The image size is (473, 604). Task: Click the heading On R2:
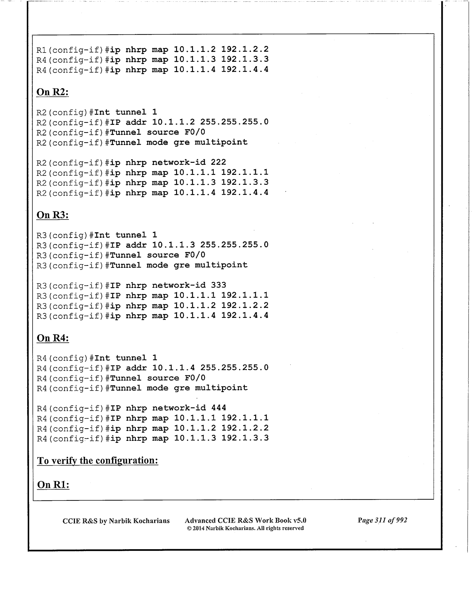pos(53,92)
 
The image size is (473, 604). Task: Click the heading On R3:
pos(53,215)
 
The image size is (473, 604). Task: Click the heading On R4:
pos(53,338)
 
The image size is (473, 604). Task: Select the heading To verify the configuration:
pos(98,461)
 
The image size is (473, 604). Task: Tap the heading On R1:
pos(53,485)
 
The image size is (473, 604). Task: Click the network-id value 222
pos(218,163)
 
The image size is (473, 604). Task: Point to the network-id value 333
pos(218,285)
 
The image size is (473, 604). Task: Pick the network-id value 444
pos(218,408)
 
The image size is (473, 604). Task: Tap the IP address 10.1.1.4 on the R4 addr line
pos(174,368)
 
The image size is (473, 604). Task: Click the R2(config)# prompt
pos(65,112)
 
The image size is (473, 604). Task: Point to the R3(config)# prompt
pos(65,235)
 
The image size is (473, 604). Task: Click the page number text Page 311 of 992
pos(382,521)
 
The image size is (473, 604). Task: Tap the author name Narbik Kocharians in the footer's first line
pos(139,521)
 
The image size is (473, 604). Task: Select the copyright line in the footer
pos(245,528)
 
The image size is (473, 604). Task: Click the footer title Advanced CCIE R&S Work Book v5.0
pos(246,521)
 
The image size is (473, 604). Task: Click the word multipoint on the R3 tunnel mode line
pos(221,265)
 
